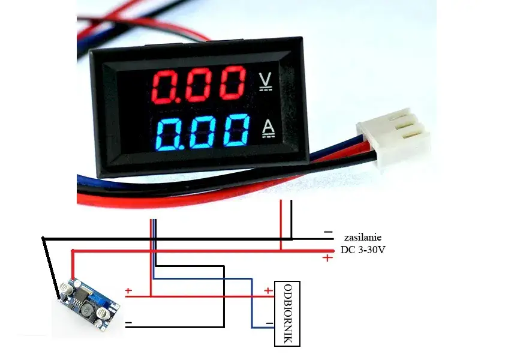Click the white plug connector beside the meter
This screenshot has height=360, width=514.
393,135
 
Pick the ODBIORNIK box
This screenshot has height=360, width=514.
286,313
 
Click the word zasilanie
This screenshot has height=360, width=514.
362,238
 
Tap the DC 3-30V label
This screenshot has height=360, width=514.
363,250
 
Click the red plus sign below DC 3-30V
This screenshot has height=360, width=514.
327,258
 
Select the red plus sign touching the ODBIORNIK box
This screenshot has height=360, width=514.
268,291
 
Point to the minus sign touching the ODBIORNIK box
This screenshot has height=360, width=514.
269,324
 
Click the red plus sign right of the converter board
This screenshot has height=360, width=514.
128,291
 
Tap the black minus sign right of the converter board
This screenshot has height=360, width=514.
128,323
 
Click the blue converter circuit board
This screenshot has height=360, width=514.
89,303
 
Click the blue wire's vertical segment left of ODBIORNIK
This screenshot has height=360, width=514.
253,303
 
